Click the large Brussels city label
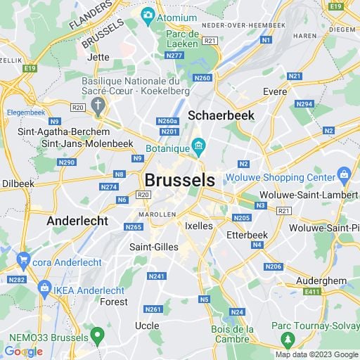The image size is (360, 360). [180, 179]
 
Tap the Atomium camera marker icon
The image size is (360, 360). [148, 15]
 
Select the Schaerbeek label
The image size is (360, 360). [221, 114]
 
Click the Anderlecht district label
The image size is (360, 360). [77, 221]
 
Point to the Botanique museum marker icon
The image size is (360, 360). [199, 147]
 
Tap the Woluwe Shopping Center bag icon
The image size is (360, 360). [344, 174]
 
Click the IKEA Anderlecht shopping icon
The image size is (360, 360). [45, 288]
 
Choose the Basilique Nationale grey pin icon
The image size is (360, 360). [98, 108]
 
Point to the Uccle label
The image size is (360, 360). [147, 326]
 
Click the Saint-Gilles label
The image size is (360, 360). [154, 247]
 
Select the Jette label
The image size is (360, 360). [99, 57]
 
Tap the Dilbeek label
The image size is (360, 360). [18, 183]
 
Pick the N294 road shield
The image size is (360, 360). [304, 103]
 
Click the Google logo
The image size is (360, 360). [23, 352]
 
